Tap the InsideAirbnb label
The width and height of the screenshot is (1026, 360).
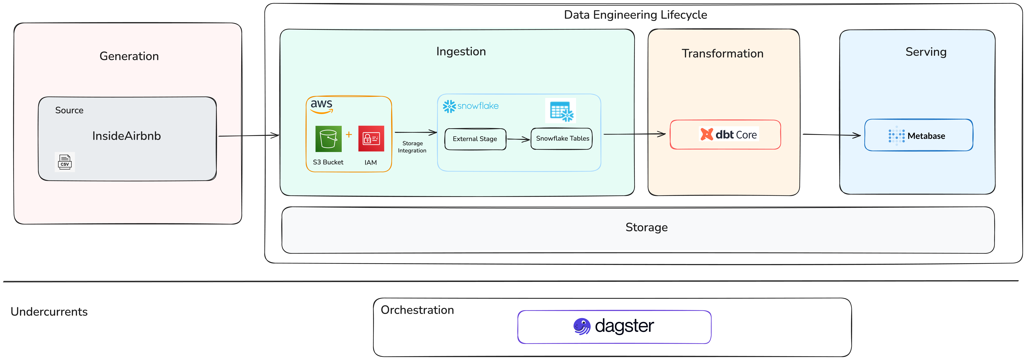[x=126, y=136]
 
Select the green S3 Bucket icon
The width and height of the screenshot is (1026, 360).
[x=328, y=139]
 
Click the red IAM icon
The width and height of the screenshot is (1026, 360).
[x=371, y=139]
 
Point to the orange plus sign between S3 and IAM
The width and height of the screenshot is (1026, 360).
[x=349, y=135]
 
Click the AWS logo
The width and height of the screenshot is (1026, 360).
[x=321, y=106]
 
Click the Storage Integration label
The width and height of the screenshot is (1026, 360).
[x=412, y=147]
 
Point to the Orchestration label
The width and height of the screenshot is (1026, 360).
[x=417, y=310]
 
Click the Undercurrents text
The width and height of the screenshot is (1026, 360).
[x=49, y=311]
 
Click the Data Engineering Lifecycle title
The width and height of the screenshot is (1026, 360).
[x=635, y=15]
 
